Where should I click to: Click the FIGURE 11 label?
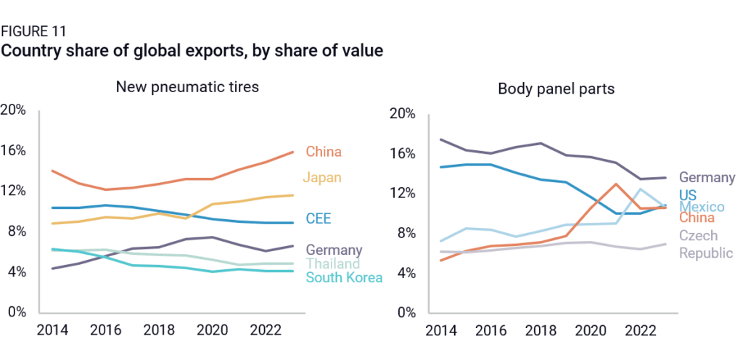point(33,31)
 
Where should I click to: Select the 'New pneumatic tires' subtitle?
point(188,87)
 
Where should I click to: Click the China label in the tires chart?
point(324,152)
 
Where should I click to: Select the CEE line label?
point(319,219)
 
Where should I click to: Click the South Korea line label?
point(344,278)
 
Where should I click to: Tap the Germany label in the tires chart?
point(334,250)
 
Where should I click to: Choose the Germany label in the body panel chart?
point(707,177)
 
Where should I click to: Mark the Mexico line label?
point(701,207)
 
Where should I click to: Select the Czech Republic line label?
point(706,244)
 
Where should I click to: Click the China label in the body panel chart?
point(697,218)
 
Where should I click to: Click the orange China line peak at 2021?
point(615,184)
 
